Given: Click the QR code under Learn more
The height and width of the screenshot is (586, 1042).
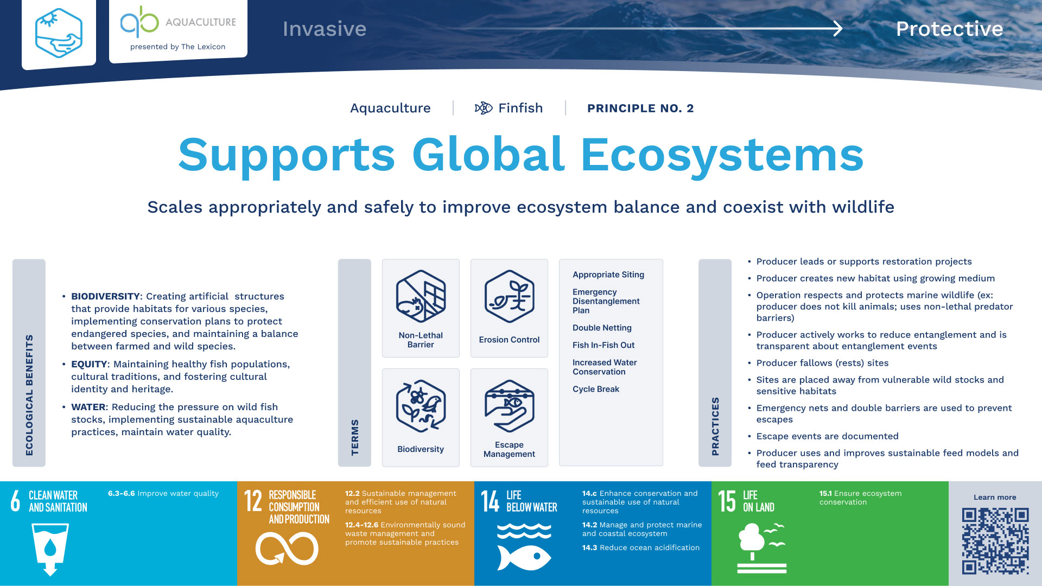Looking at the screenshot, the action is tap(995, 540).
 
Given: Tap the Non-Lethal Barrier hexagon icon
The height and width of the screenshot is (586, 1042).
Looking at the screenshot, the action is tap(421, 296).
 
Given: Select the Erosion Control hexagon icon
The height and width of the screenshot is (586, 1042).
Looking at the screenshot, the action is tap(509, 296).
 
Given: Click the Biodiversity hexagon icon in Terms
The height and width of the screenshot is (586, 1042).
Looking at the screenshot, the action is tap(421, 406).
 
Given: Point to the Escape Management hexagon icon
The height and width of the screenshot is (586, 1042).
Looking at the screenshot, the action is tap(509, 406).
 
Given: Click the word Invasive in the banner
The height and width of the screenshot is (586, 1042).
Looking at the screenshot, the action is tap(325, 29).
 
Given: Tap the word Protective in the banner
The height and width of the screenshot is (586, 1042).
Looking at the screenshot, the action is tap(949, 29).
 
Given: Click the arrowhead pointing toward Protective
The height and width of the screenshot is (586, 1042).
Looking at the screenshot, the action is tap(838, 28).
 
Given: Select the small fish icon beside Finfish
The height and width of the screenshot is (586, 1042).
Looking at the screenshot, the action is tap(484, 108).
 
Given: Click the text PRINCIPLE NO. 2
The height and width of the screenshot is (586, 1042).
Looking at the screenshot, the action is tap(640, 109).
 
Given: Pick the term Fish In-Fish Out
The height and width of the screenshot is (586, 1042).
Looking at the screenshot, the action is tap(603, 345).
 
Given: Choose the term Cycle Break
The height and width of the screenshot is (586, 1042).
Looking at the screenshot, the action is tap(596, 389).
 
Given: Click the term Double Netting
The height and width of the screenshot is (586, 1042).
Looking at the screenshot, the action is tap(602, 328).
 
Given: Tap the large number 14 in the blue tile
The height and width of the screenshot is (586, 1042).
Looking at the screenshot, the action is tap(490, 501).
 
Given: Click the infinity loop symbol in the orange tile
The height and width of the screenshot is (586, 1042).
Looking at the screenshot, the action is tap(287, 549).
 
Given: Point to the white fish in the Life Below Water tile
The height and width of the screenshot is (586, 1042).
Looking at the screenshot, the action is tap(524, 557).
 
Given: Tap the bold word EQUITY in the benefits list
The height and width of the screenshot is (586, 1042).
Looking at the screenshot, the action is tap(89, 364).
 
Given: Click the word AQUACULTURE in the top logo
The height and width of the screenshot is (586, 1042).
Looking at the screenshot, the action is tap(201, 22).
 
